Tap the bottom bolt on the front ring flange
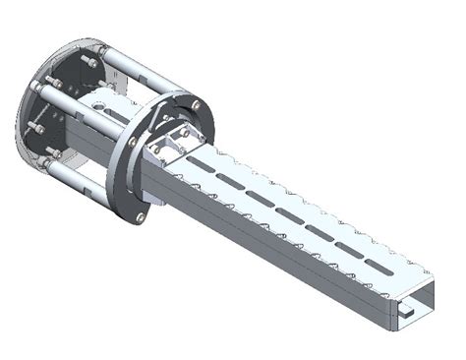[x=142, y=215]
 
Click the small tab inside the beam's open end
[x=406, y=312]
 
